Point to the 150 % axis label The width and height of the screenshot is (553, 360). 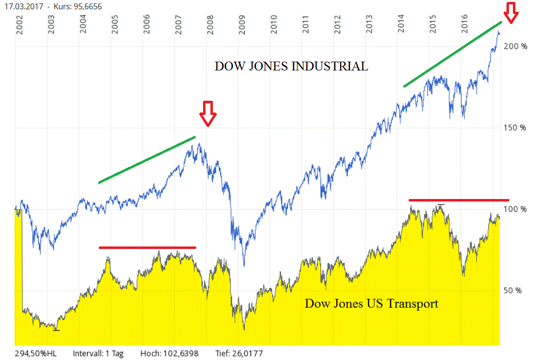(x=516, y=128)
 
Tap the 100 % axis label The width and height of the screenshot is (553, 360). (x=517, y=209)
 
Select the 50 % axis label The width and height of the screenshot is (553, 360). (x=513, y=290)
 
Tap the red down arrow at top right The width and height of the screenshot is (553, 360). (x=511, y=13)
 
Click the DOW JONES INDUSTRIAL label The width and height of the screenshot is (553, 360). (x=291, y=67)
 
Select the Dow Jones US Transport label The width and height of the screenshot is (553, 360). (x=371, y=304)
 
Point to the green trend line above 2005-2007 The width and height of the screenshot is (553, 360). (x=147, y=159)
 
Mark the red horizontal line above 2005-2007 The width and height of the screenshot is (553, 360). (x=147, y=247)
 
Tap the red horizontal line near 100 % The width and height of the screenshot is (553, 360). (x=459, y=200)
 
